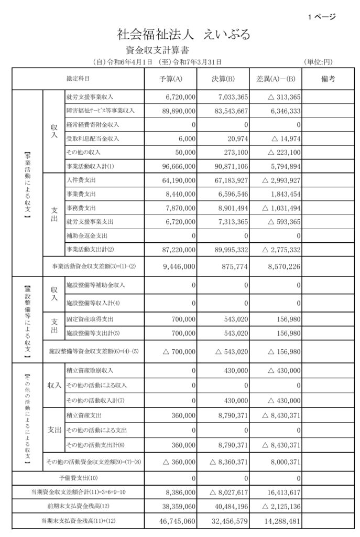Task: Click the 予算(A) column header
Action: pos(170,79)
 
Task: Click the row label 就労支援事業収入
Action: pos(90,98)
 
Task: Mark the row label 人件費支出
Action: pos(80,180)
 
